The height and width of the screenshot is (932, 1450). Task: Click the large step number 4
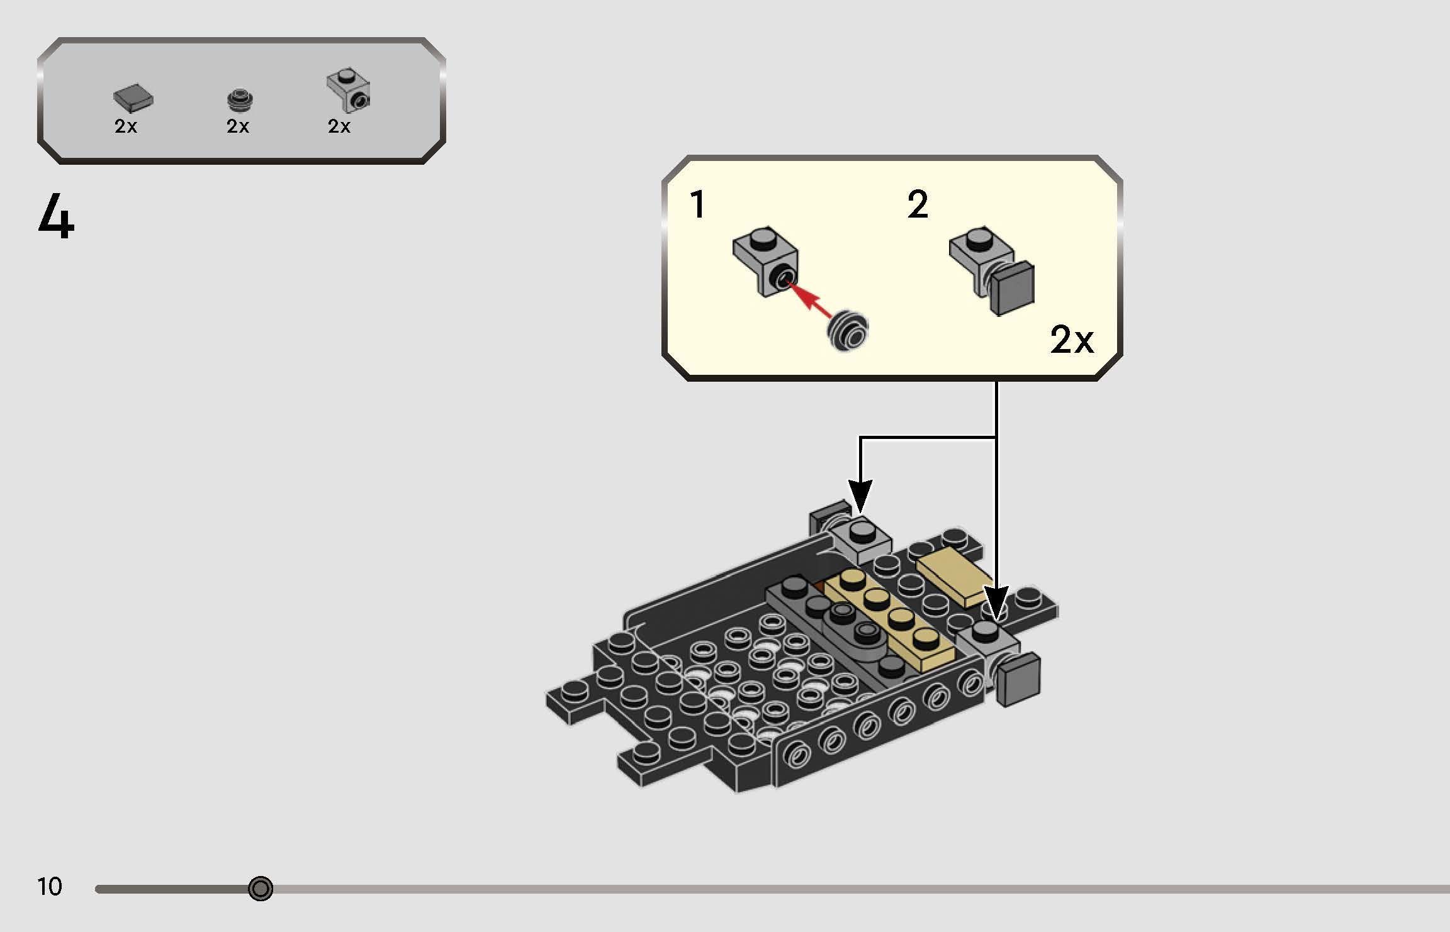(57, 216)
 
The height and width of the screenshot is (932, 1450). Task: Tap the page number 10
(50, 887)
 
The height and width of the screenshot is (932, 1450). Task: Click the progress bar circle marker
(261, 889)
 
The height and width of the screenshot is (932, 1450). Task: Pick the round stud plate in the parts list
(239, 99)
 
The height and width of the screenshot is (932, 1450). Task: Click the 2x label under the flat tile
(126, 126)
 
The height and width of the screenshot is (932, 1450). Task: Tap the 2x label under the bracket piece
(339, 126)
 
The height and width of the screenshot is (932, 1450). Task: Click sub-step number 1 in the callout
(697, 205)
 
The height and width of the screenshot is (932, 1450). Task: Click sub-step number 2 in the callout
(918, 205)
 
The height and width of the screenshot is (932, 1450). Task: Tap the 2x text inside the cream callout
(1072, 340)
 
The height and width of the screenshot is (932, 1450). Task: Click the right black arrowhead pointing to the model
(996, 602)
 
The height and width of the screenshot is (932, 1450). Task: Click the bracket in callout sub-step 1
(765, 258)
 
